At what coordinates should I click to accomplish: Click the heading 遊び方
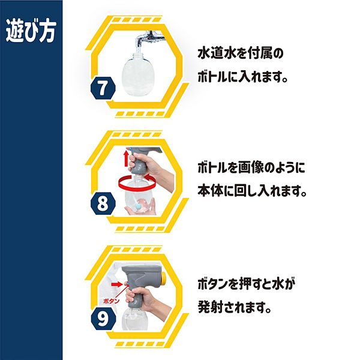point(31,31)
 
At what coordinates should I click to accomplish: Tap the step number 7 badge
point(103,88)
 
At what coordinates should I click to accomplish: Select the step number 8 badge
point(103,203)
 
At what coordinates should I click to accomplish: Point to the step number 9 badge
point(103,319)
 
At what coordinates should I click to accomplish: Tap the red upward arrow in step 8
point(126,158)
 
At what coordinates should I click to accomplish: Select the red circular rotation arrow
point(137,183)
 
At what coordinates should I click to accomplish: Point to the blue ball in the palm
point(139,206)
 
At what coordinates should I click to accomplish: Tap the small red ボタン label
point(112,301)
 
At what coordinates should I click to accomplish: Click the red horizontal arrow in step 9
point(117,284)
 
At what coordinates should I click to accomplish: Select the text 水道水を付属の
point(241,54)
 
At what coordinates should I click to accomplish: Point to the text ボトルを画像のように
point(251,168)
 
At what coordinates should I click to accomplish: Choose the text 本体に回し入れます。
point(252,191)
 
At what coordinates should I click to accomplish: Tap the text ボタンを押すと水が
point(245,284)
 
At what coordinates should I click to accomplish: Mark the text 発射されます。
point(235,307)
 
